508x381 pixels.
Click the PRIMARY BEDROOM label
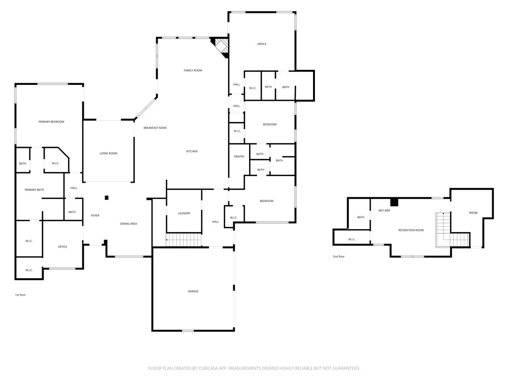[52, 122]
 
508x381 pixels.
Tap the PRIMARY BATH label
[34, 190]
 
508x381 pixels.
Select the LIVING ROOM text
[108, 153]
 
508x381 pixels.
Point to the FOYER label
[95, 215]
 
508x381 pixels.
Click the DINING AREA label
[128, 224]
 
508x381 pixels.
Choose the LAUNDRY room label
[184, 213]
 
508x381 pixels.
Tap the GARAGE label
[193, 291]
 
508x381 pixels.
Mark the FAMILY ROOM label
[193, 70]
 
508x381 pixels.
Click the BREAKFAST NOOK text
[155, 128]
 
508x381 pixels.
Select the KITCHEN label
[192, 151]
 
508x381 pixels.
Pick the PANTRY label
[239, 157]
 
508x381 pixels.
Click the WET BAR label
[384, 210]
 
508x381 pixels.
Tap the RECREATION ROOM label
[411, 230]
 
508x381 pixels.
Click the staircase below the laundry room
[184, 241]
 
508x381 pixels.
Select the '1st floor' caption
[20, 295]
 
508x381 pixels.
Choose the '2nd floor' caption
[339, 256]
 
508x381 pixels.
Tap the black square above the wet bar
[394, 202]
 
